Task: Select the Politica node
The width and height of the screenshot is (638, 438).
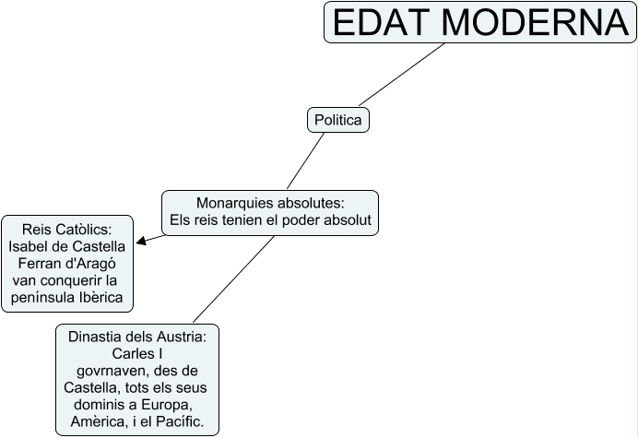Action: click(x=337, y=120)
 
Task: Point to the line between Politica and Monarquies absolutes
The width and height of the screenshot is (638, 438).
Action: click(x=304, y=161)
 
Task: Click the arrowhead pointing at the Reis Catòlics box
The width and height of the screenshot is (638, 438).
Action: click(x=141, y=243)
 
